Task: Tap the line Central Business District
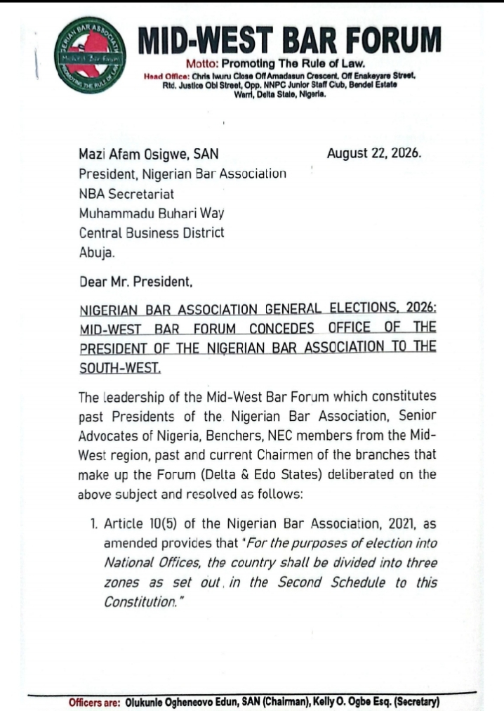coord(152,232)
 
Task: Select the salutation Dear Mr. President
coord(135,283)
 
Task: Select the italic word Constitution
coord(138,602)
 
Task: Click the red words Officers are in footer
coord(94,702)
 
